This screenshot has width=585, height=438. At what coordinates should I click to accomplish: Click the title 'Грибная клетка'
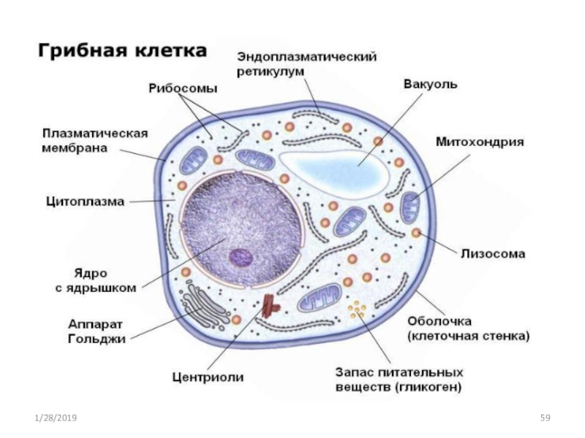click(122, 50)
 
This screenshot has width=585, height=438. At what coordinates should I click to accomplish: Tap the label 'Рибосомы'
click(183, 89)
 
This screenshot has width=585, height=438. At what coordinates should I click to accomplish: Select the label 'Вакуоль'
click(430, 84)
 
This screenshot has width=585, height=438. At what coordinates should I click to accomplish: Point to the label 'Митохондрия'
click(480, 142)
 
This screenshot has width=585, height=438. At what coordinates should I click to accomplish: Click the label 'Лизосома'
click(493, 253)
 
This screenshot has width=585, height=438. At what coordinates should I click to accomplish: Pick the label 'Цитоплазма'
click(85, 201)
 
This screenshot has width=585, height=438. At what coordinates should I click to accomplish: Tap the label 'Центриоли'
click(208, 377)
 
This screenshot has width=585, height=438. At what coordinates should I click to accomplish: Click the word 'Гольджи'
click(97, 339)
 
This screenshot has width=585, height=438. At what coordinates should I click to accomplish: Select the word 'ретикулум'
click(271, 72)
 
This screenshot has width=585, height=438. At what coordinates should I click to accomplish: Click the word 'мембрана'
click(75, 148)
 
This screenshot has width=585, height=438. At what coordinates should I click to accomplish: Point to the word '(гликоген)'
click(428, 388)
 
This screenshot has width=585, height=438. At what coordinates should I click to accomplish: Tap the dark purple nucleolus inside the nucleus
click(241, 258)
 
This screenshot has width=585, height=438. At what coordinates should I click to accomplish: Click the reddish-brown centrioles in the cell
click(270, 306)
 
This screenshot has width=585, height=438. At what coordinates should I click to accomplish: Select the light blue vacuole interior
click(338, 171)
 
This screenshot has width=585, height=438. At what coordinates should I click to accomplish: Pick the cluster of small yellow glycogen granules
click(358, 310)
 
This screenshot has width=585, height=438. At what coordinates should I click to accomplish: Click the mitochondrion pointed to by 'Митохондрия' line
click(410, 207)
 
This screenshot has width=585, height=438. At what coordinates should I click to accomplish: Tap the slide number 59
click(545, 418)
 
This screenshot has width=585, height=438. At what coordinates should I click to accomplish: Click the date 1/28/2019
click(56, 418)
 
